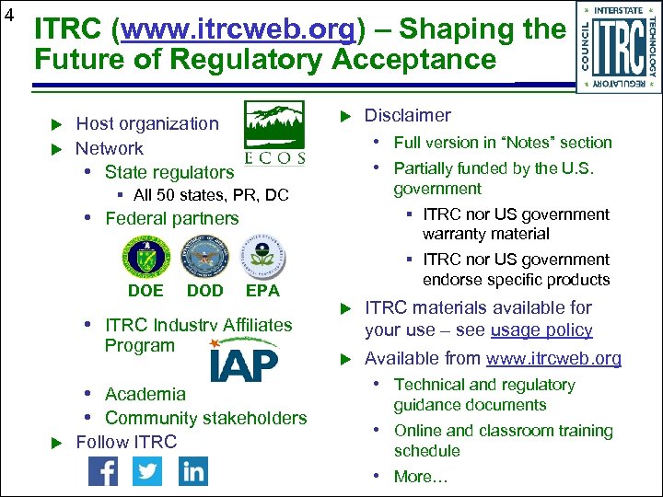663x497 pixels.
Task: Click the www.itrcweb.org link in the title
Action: [x=238, y=29]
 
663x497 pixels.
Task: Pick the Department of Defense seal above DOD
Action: [x=204, y=258]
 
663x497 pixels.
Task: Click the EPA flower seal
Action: [x=262, y=258]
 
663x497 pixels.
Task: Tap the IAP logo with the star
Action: [x=241, y=360]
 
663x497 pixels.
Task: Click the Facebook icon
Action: [x=102, y=471]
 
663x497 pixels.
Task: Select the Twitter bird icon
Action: [x=147, y=471]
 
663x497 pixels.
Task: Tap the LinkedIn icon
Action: [x=192, y=471]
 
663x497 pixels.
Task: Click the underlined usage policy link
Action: [x=541, y=330]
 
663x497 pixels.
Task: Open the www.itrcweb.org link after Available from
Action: [x=553, y=359]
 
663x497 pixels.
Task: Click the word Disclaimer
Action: [x=407, y=116]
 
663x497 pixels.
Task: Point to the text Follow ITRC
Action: [x=126, y=443]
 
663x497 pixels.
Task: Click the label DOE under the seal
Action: [x=145, y=291]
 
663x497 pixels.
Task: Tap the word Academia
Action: [x=145, y=394]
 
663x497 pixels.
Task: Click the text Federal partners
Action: [x=171, y=219]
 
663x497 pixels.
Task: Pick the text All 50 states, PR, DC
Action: [x=211, y=195]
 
